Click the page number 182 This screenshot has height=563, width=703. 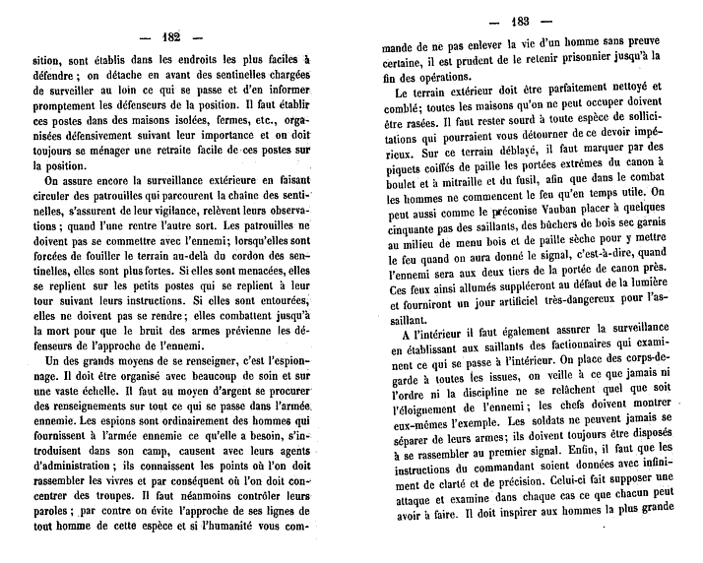coord(170,37)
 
